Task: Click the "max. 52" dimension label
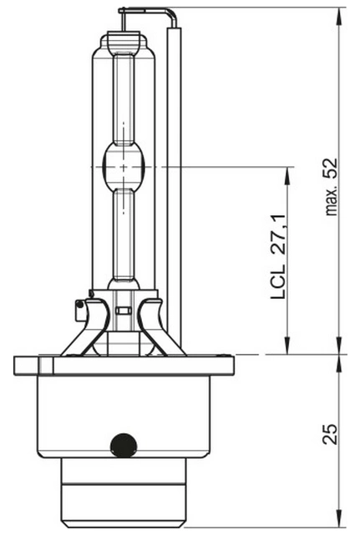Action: (332, 187)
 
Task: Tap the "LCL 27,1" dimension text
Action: (278, 257)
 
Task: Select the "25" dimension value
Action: (330, 434)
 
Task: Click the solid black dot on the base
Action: (124, 445)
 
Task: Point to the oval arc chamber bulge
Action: (124, 167)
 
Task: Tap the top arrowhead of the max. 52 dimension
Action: (339, 16)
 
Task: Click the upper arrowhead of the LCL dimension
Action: (288, 176)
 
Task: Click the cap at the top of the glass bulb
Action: (124, 40)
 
